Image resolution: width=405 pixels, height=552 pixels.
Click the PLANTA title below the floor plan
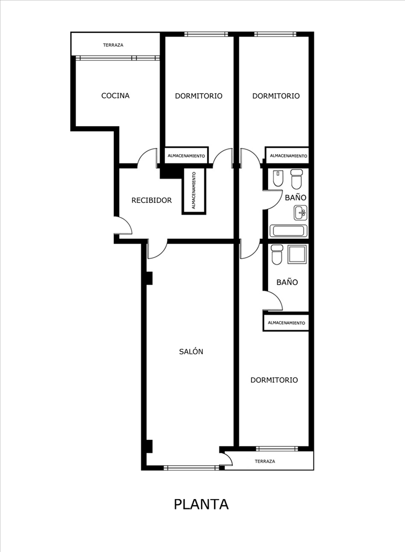click(201, 504)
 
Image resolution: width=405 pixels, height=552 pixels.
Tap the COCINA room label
click(115, 95)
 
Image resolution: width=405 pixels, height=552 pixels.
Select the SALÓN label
click(191, 351)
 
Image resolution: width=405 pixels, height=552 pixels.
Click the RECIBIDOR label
click(152, 200)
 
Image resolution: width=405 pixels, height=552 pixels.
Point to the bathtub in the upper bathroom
click(289, 231)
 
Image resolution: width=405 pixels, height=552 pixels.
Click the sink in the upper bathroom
click(300, 212)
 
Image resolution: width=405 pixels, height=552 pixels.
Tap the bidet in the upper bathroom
click(278, 178)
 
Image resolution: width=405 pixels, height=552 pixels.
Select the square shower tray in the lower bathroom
click(297, 254)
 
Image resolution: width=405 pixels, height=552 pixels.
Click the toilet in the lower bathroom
click(277, 254)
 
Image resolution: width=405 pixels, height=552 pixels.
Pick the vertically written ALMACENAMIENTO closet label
click(194, 190)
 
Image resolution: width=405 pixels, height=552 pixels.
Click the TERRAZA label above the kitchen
click(113, 45)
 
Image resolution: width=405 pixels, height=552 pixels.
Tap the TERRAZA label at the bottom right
click(265, 461)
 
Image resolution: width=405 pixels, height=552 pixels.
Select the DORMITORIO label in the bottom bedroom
click(274, 380)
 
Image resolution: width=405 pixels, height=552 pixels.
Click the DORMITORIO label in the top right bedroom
click(276, 96)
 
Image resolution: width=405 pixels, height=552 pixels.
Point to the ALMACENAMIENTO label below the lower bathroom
click(286, 323)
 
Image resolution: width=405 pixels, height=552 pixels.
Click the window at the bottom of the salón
click(191, 468)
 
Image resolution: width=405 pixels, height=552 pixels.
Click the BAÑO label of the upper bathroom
click(296, 197)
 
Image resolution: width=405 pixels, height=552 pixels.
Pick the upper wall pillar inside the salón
click(149, 278)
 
